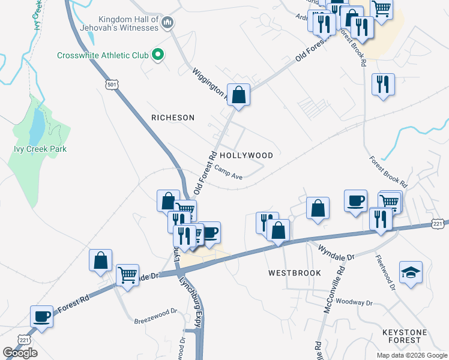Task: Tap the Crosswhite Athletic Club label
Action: click(103, 56)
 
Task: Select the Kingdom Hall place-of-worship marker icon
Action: click(167, 23)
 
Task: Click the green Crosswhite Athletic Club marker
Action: click(158, 55)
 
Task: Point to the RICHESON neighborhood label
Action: click(173, 118)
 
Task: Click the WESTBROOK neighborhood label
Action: click(292, 272)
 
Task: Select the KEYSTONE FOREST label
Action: click(404, 336)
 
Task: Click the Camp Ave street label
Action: click(228, 173)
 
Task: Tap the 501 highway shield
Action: click(111, 85)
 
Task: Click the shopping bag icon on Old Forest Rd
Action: click(239, 94)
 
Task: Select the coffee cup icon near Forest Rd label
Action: click(42, 316)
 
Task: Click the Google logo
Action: click(20, 353)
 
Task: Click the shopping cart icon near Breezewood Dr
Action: click(127, 275)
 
